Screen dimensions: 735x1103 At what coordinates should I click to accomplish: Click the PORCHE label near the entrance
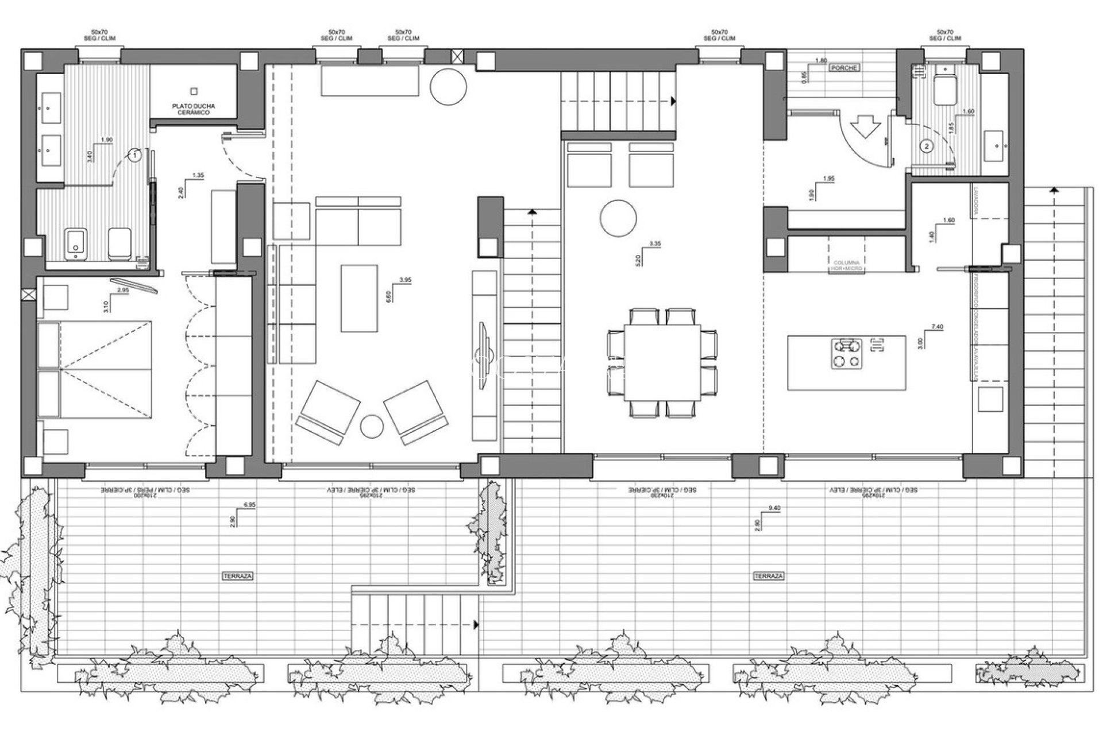point(844,68)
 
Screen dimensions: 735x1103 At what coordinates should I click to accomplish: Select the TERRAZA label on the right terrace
point(769,575)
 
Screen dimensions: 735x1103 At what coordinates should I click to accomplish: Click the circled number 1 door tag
point(134,154)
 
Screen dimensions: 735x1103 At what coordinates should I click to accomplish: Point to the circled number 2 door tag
point(926,146)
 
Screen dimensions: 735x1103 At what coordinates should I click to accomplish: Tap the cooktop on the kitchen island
point(847,353)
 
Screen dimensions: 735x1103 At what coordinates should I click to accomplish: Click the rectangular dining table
point(662,362)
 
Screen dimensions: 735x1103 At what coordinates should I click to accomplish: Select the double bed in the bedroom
point(98,369)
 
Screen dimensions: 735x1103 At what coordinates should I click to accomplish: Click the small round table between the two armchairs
point(372,425)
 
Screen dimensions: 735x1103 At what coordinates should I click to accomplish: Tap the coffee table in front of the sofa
point(358,298)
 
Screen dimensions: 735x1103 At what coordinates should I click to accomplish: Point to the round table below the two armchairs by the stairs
point(618,218)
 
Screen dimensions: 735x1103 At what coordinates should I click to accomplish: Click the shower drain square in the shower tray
point(194,91)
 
